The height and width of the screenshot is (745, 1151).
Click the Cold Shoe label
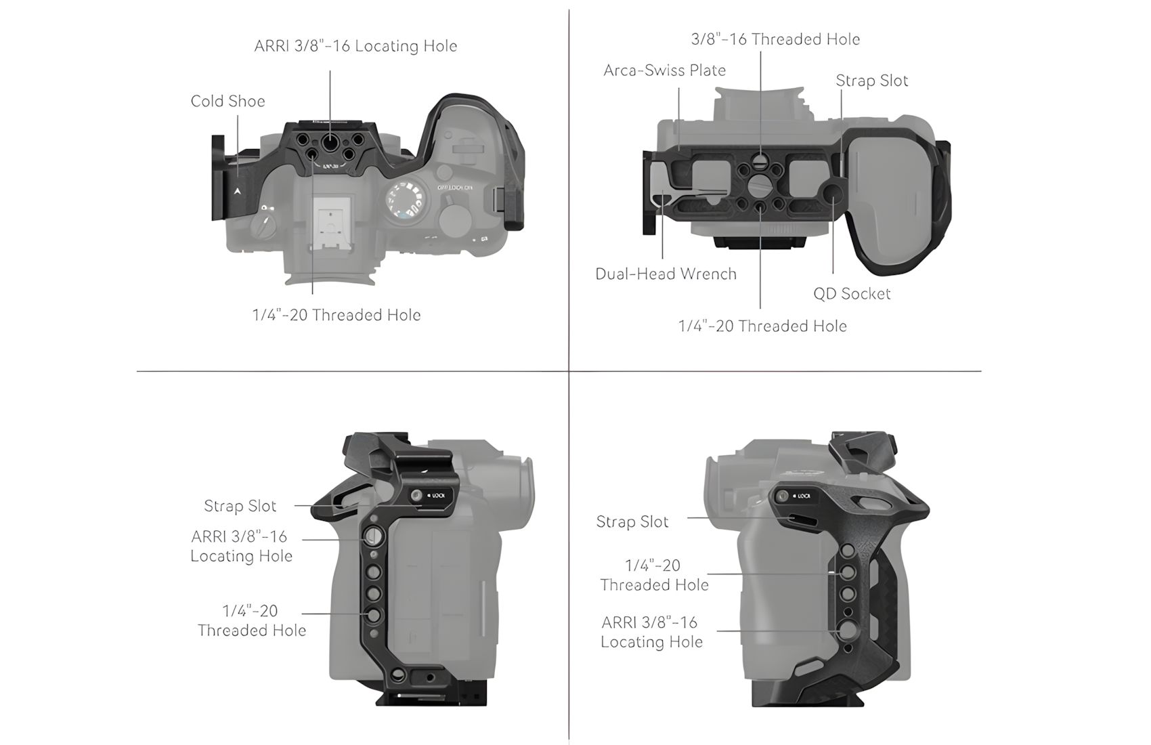pos(227,101)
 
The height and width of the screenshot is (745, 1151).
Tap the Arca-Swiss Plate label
pos(664,70)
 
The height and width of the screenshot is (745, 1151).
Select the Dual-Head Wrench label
pos(666,274)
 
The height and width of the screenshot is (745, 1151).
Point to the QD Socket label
pos(852,293)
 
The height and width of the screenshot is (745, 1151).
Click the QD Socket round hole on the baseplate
pos(832,193)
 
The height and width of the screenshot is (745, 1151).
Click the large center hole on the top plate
pos(329,140)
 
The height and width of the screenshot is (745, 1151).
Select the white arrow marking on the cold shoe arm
pos(238,191)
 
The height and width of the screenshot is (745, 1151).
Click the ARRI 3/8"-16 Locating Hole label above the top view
pos(355,46)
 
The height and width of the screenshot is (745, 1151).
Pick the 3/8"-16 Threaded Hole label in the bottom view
pos(775,39)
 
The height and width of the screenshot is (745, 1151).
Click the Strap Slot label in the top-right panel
pos(871,80)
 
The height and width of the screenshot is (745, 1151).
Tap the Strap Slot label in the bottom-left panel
pos(240,506)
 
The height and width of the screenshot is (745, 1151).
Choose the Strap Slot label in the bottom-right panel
pos(632,522)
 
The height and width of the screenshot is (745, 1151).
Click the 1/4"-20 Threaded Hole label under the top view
pos(336,315)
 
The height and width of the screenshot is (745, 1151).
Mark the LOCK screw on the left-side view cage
pos(416,495)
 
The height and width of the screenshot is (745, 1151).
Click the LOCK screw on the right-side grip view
pos(781,496)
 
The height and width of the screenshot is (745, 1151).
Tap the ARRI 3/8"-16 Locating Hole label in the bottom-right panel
pos(651,632)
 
